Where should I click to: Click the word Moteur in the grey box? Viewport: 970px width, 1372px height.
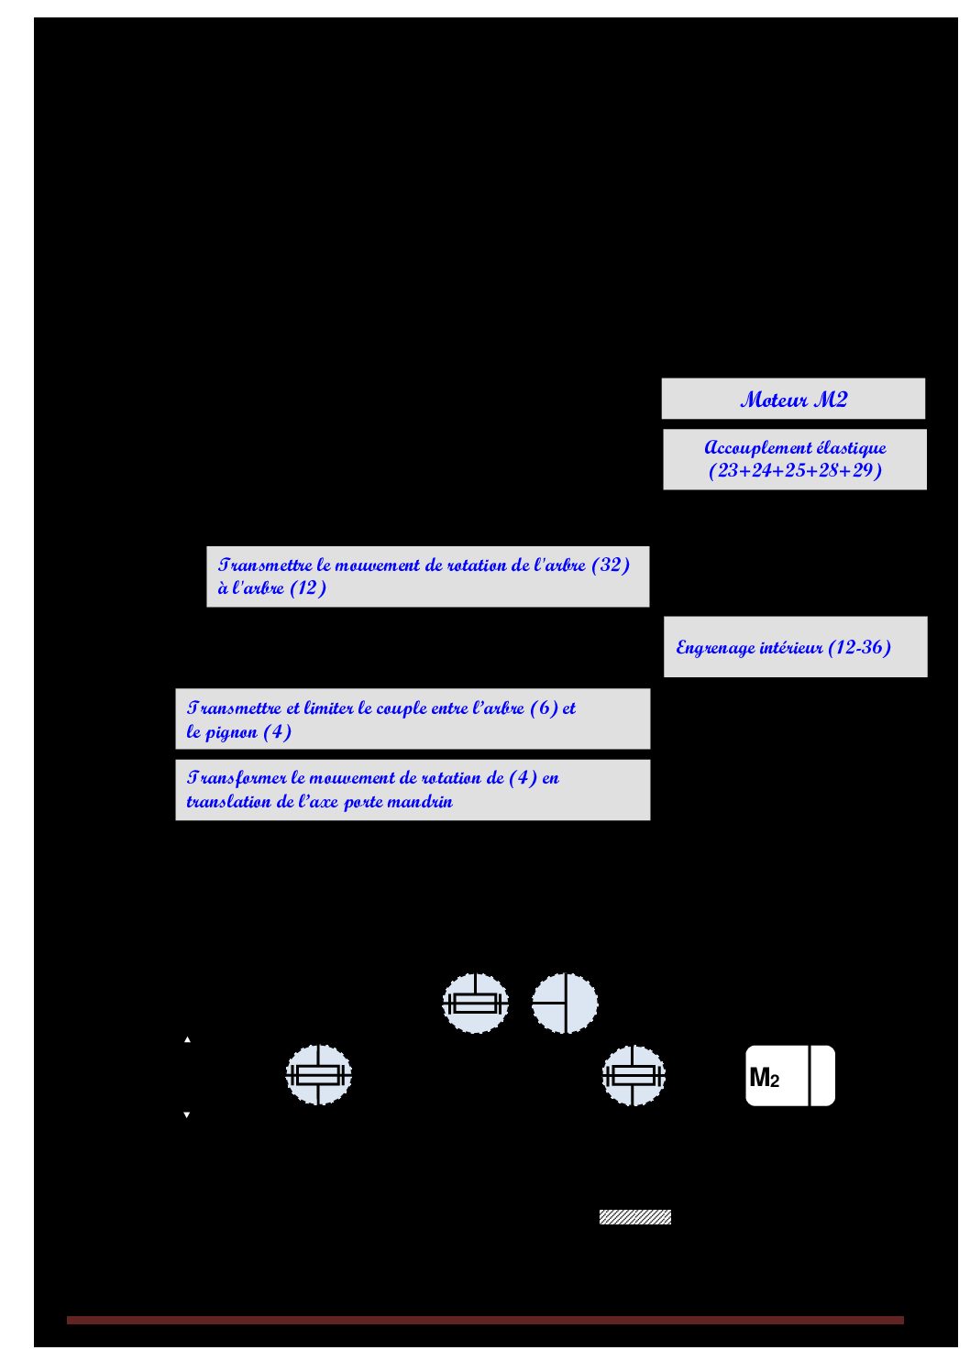(x=773, y=400)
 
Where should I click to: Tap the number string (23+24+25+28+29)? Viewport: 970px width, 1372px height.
(x=795, y=471)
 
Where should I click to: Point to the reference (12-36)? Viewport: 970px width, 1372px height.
(x=859, y=647)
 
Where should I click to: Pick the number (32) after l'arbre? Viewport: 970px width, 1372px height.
(x=611, y=565)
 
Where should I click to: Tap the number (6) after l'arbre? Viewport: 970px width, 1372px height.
(x=544, y=708)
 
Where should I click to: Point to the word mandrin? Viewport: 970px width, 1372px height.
(x=424, y=802)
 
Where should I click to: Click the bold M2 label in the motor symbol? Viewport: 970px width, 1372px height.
(x=764, y=1078)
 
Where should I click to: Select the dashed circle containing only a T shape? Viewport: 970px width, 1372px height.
(x=565, y=1004)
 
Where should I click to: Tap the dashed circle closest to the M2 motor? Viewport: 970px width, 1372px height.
(x=634, y=1076)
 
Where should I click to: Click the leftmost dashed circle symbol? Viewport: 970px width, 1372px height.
(x=319, y=1075)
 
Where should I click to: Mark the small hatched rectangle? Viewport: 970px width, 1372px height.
(x=635, y=1217)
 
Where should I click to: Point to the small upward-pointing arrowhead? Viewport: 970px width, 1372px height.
(x=187, y=1040)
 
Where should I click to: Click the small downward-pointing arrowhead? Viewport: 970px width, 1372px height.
(x=187, y=1115)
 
